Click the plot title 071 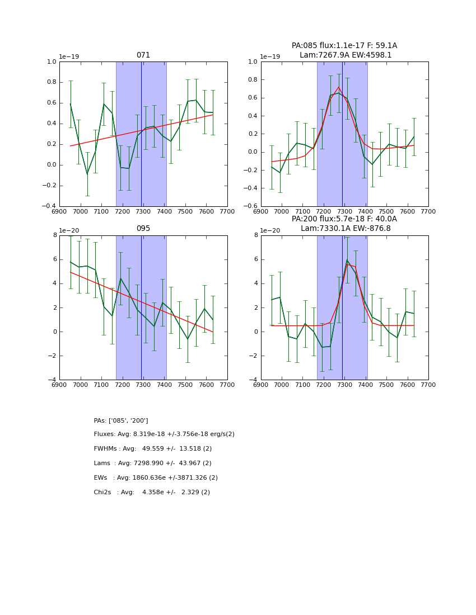point(143,55)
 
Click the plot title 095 point(143,229)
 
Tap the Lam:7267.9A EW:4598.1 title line point(345,55)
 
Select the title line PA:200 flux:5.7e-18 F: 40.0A point(344,219)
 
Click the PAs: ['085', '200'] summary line point(121,420)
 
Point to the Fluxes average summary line point(164,434)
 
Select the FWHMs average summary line point(153,449)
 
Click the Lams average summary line point(153,463)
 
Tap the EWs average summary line point(156,478)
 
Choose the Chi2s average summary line point(152,493)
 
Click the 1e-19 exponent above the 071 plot point(69,57)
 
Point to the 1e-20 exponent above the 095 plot point(69,230)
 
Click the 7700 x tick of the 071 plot point(227,212)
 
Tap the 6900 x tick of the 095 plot point(59,385)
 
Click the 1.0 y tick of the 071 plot point(52,62)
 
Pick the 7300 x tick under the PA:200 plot point(344,385)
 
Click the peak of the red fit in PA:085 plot point(339,87)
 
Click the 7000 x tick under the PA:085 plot point(282,212)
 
